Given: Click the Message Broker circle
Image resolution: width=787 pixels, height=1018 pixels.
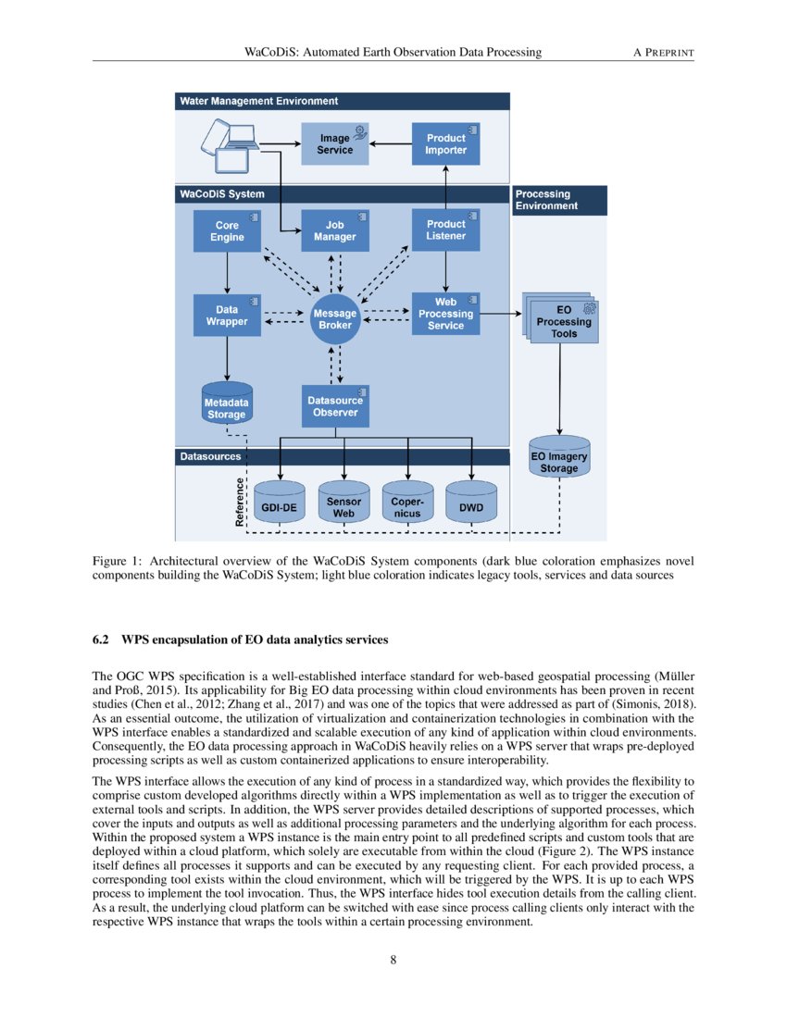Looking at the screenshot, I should click(335, 319).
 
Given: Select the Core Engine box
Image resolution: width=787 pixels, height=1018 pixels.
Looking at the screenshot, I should click(227, 231).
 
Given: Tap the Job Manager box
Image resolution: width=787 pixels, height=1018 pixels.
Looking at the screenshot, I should click(334, 231).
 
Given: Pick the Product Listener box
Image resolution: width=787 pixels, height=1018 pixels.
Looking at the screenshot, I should click(445, 230).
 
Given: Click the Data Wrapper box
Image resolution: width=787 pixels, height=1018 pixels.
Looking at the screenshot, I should click(227, 316).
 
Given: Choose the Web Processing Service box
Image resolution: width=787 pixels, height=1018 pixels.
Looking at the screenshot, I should click(445, 314).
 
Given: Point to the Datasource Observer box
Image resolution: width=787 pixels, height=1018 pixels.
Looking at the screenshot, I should click(335, 406).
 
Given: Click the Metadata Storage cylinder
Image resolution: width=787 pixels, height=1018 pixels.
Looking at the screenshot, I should click(227, 403).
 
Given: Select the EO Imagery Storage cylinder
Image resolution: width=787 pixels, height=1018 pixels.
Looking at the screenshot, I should click(559, 456).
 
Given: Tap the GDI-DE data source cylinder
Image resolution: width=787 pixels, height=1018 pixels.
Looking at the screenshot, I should click(279, 503).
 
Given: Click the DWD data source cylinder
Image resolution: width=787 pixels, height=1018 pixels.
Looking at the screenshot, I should click(471, 503).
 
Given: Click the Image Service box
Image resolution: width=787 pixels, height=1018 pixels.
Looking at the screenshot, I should click(334, 143).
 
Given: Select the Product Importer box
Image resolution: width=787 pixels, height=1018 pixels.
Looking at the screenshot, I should click(445, 143).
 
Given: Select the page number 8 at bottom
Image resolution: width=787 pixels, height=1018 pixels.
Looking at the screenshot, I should click(393, 960).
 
